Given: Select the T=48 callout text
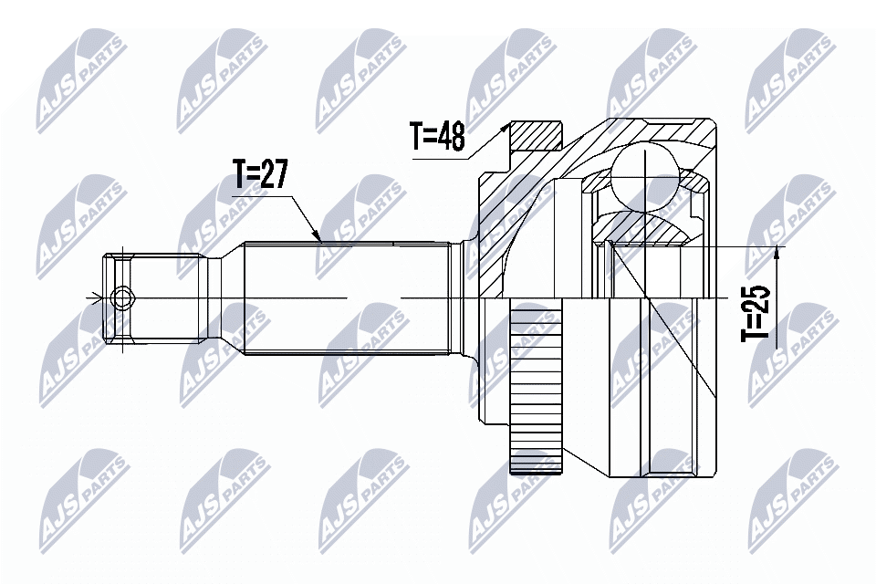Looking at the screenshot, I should pyautogui.click(x=437, y=137).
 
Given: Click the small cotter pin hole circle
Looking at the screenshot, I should pyautogui.click(x=120, y=297).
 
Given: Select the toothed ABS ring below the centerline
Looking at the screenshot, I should pyautogui.click(x=534, y=392).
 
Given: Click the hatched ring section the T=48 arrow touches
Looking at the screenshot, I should pyautogui.click(x=534, y=137).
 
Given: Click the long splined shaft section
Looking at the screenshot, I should pyautogui.click(x=347, y=297).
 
